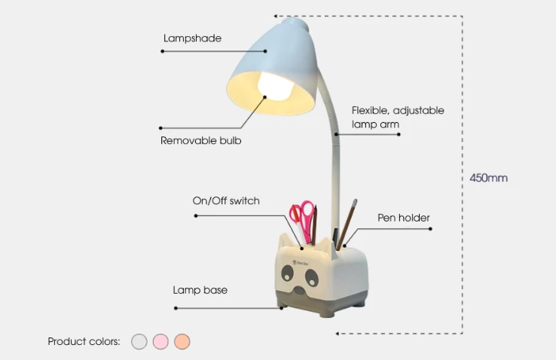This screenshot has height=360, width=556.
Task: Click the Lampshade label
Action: (x=192, y=38)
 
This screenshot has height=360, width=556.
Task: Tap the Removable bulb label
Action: (x=200, y=140)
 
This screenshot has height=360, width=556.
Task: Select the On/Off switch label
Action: (x=226, y=200)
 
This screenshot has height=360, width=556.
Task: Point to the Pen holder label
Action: (x=403, y=218)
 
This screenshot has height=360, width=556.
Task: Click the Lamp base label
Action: (x=200, y=290)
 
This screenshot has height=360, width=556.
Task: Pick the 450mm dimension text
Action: (x=488, y=178)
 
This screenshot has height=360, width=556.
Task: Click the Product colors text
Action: (x=84, y=341)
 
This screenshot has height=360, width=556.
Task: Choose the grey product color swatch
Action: (x=139, y=342)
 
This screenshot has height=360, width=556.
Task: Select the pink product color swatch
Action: (x=160, y=342)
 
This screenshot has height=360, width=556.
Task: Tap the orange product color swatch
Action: (x=182, y=342)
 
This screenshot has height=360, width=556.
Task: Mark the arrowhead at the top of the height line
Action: (x=276, y=16)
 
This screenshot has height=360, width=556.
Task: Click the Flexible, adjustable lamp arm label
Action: (x=398, y=117)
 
